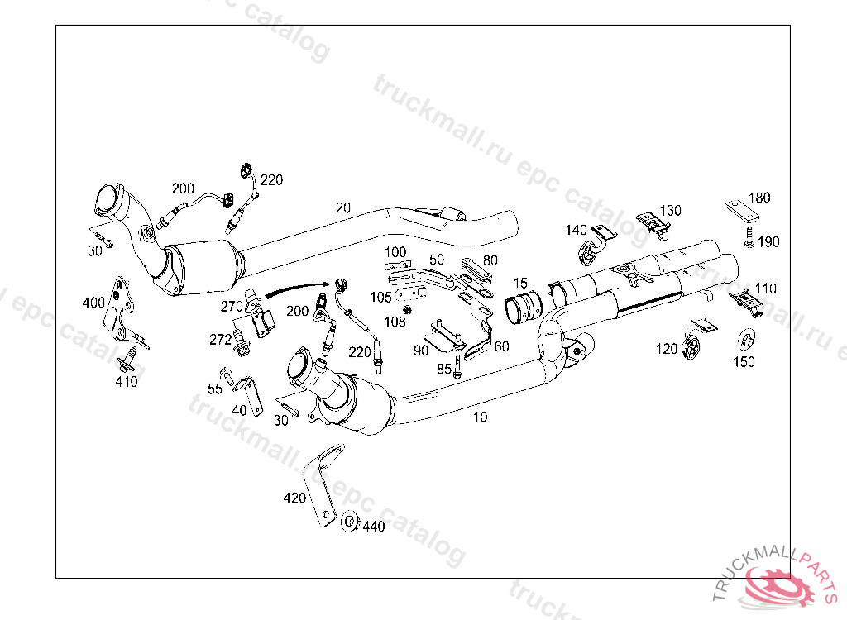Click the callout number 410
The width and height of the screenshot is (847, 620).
[x=127, y=382]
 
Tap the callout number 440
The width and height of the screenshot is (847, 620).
[x=374, y=526]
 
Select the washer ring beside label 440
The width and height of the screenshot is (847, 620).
[x=350, y=522]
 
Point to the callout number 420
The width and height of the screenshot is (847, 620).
[x=294, y=498]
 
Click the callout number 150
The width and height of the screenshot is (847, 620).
[x=744, y=361]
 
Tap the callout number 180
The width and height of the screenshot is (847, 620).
[x=758, y=198]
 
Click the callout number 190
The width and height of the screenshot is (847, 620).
[x=768, y=242]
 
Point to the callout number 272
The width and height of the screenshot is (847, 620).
[x=220, y=339]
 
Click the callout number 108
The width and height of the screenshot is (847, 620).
[x=395, y=322]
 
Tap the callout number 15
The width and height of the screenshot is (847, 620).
[x=519, y=284]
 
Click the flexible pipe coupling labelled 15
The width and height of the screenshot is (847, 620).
[x=522, y=308]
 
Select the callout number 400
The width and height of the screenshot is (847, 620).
[x=93, y=303]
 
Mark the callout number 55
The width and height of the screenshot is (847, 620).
[x=215, y=389]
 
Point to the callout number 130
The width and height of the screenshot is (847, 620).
[x=670, y=211]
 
